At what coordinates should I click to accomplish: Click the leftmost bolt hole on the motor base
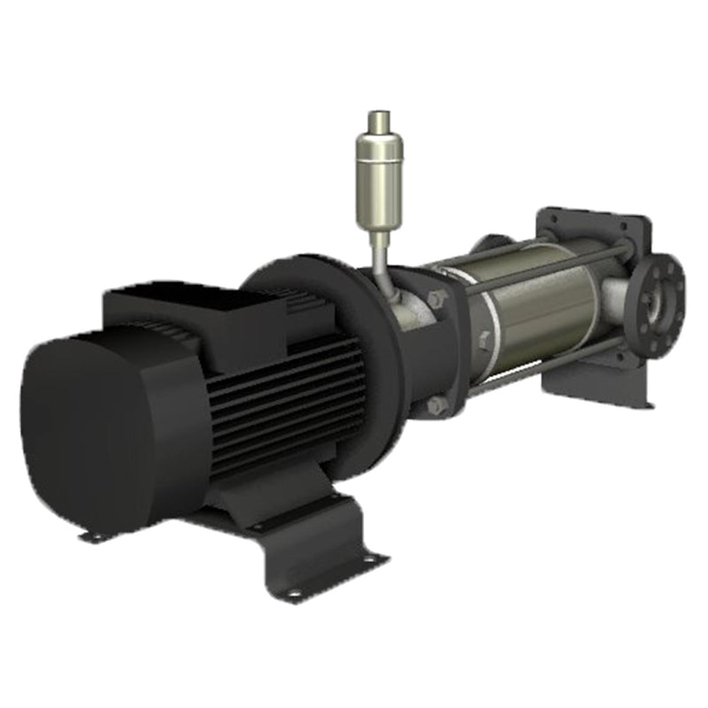(91, 535)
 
